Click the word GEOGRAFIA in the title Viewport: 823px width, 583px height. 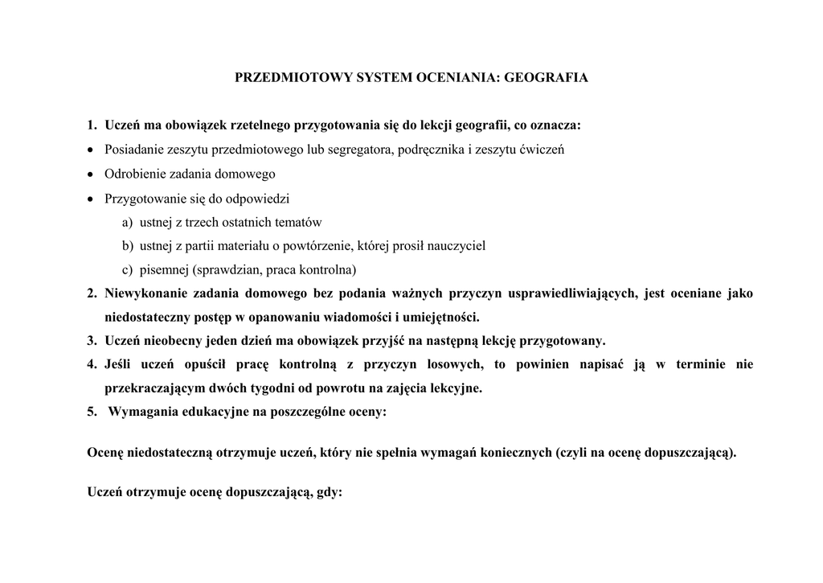pos(551,78)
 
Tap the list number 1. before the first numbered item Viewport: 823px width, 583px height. pos(92,125)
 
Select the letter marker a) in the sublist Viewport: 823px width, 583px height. pos(128,222)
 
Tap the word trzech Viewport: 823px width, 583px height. pos(208,222)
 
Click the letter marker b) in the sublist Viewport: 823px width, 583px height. pos(128,245)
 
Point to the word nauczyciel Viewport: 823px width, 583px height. pos(455,245)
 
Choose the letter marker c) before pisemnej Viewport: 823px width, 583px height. pos(128,269)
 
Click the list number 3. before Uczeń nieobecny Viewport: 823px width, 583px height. pos(92,340)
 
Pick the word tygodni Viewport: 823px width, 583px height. pos(255,388)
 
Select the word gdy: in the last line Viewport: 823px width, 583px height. pos(330,493)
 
